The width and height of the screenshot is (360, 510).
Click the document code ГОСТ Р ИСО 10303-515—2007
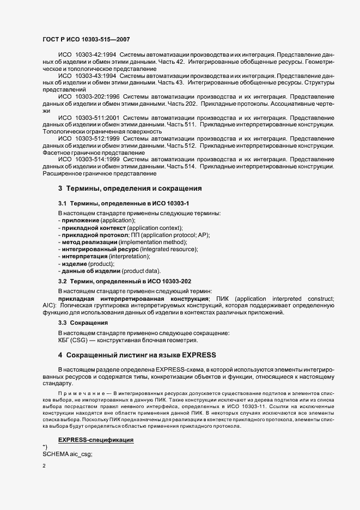(86, 40)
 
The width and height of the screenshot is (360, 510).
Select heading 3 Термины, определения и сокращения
(130, 189)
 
